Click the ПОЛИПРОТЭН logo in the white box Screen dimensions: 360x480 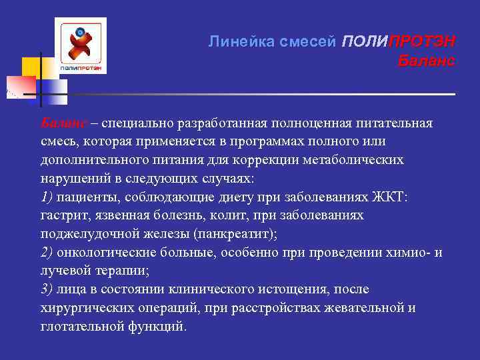tap(80, 45)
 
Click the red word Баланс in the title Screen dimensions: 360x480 tap(426, 61)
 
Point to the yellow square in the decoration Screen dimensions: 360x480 tap(31, 67)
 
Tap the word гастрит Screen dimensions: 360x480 tap(61, 216)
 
